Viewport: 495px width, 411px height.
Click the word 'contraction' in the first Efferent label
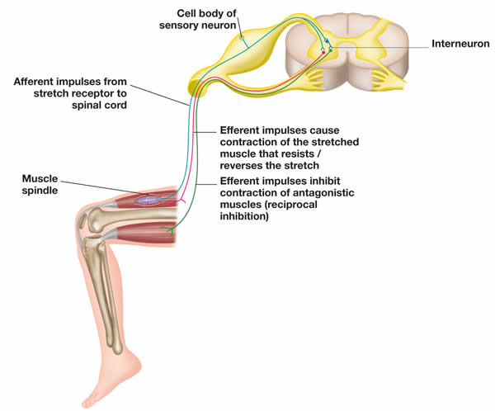click(x=247, y=141)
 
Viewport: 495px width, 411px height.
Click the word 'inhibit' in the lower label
click(x=346, y=181)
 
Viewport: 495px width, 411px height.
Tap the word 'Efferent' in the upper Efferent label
click(x=245, y=130)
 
